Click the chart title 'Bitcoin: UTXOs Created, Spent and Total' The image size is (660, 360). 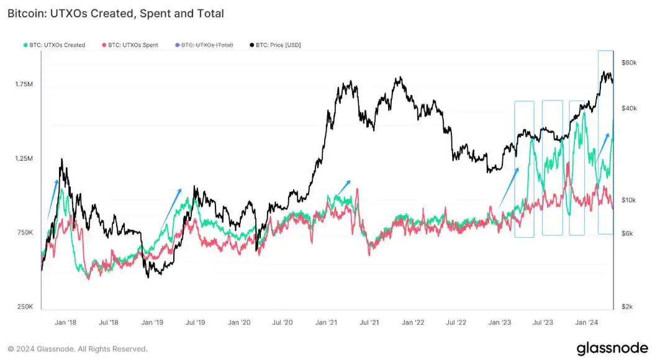pos(115,13)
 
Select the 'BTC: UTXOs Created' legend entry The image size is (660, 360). pos(55,45)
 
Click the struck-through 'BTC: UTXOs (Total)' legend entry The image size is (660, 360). pos(205,45)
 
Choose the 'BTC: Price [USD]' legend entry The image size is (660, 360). pos(275,45)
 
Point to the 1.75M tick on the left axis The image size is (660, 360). pos(24,84)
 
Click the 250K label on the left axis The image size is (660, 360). pos(25,307)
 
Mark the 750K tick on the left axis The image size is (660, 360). pos(25,233)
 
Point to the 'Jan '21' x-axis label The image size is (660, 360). pos(326,322)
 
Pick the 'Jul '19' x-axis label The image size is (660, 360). pos(196,322)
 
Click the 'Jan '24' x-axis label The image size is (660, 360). pos(587,322)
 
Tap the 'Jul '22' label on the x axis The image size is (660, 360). pos(456,322)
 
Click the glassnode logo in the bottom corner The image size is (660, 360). pos(612,348)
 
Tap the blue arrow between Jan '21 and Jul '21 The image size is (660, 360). pos(341,187)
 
